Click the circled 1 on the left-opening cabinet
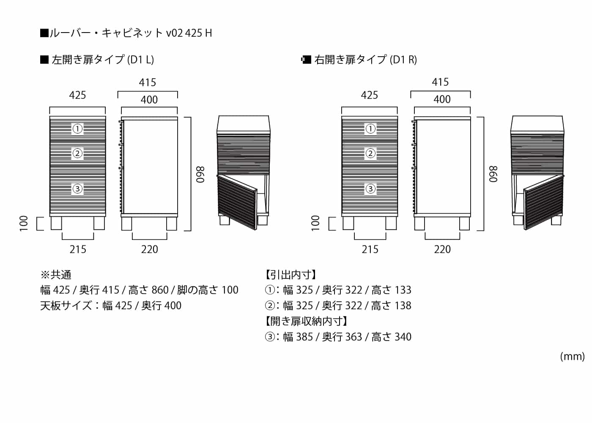pos(77,129)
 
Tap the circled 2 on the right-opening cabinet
pos(370,153)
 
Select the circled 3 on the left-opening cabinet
pos(77,189)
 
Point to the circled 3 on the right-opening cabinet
pos(370,189)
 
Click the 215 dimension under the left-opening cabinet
pos(78,249)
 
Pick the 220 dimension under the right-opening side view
pos(442,249)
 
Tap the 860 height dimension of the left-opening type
pos(200,174)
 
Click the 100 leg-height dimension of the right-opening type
pos(315,223)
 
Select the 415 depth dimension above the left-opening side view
pos(148,82)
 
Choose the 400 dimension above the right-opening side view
pos(442,99)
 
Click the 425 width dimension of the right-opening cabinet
pos(370,95)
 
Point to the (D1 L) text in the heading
pos(140,60)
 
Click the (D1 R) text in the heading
pos(403,60)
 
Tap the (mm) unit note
pos(573,357)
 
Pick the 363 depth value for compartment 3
pos(354,337)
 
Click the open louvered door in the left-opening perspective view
pos(237,202)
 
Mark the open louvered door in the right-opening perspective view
pos(544,202)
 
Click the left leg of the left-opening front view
pos(56,223)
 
